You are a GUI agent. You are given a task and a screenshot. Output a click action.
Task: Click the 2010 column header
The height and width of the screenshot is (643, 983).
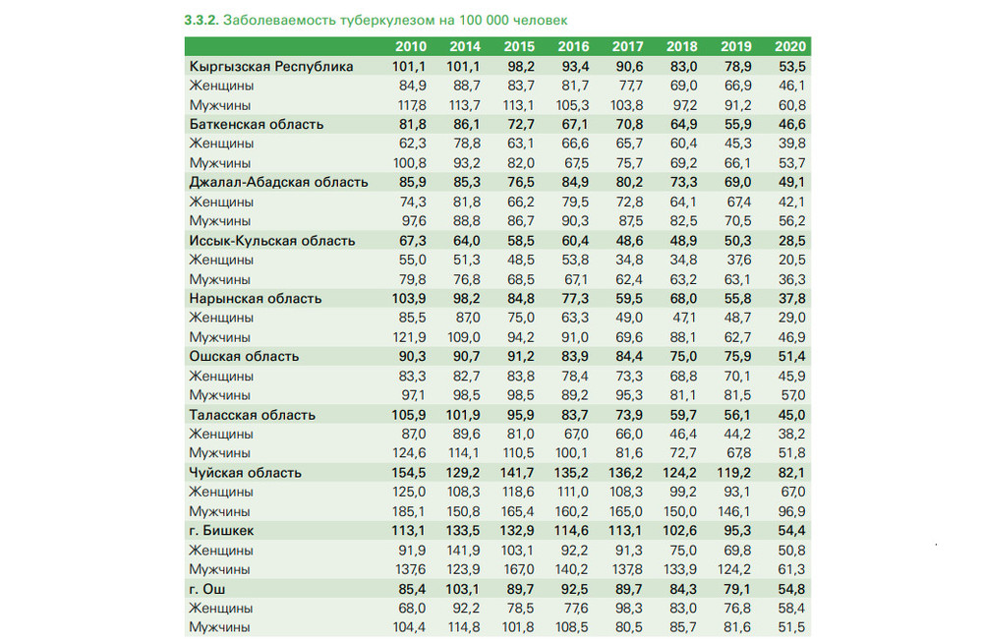click(x=410, y=46)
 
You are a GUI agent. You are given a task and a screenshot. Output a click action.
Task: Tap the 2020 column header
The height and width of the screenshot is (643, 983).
click(x=790, y=46)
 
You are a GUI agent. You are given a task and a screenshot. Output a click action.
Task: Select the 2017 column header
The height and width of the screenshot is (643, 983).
click(x=627, y=46)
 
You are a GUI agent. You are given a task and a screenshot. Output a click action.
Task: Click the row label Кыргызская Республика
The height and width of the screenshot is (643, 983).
click(x=271, y=67)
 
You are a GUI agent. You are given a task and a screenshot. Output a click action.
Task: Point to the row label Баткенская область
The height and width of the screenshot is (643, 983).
click(x=257, y=124)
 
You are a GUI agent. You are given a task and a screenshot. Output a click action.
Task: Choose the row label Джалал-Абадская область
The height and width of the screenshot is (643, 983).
click(x=278, y=183)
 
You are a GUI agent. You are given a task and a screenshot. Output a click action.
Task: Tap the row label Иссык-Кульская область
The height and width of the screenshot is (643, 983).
click(x=272, y=241)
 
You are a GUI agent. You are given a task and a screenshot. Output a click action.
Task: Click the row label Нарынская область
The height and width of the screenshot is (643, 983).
click(x=256, y=299)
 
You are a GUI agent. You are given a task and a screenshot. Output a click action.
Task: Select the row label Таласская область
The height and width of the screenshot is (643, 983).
click(x=252, y=415)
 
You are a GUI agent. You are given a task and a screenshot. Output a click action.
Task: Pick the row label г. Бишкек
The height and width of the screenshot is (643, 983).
click(x=221, y=531)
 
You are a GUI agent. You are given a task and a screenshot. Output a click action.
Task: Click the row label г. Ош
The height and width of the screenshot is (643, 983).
click(x=206, y=589)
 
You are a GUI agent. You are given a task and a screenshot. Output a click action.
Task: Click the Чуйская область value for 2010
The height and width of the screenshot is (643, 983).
click(x=408, y=472)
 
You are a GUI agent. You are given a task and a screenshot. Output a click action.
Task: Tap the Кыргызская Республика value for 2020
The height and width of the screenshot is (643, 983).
click(x=791, y=67)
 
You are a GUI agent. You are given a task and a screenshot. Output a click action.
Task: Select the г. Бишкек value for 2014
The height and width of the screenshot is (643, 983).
click(x=463, y=531)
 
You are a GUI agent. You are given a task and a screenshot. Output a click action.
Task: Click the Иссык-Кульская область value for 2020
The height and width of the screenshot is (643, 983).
click(x=791, y=241)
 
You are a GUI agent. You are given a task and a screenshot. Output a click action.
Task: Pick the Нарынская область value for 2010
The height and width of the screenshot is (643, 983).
click(x=408, y=299)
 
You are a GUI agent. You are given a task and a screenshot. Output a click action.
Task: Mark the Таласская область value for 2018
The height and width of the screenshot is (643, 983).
click(x=683, y=415)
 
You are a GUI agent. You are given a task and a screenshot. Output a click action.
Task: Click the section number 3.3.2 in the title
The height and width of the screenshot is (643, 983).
click(x=202, y=20)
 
